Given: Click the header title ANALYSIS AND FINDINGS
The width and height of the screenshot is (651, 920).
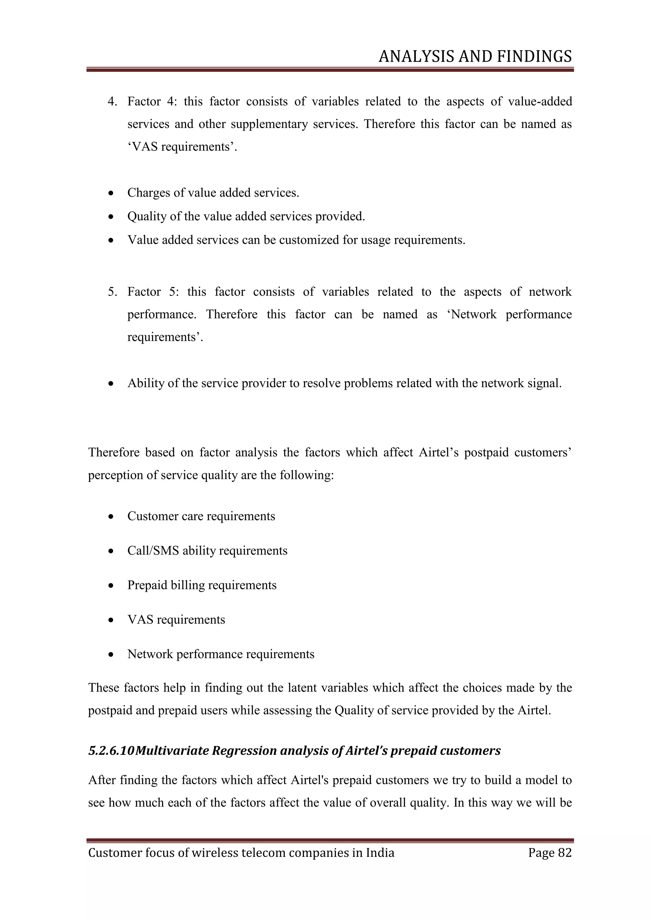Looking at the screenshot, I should (x=475, y=57).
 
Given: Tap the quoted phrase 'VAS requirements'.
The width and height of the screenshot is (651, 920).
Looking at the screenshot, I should (x=182, y=147).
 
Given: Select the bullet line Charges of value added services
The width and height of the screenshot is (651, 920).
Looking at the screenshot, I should (x=213, y=193).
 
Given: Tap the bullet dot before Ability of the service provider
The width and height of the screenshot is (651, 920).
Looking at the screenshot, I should (x=111, y=384).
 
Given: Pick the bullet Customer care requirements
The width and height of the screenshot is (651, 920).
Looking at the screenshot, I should (x=201, y=516).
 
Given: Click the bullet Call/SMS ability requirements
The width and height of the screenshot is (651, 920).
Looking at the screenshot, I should (x=207, y=551).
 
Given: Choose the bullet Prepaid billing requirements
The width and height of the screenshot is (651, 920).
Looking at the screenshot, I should (x=202, y=585).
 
